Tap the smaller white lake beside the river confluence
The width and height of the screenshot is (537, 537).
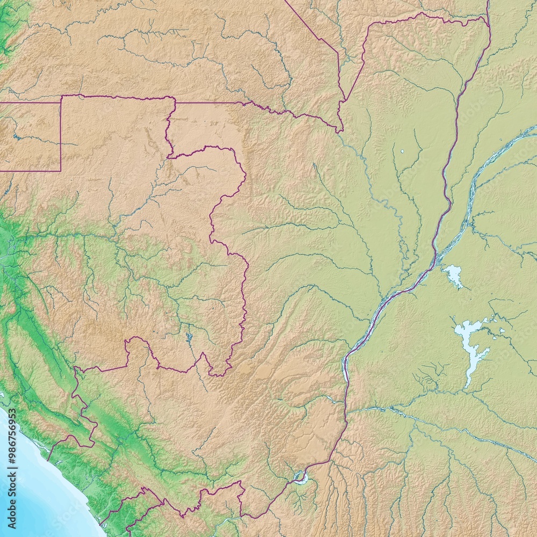(x=454, y=275)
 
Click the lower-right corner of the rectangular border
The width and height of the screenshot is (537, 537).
(x=61, y=171)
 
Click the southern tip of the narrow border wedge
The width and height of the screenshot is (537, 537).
(x=339, y=130)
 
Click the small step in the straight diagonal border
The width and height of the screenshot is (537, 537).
(x=337, y=54)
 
